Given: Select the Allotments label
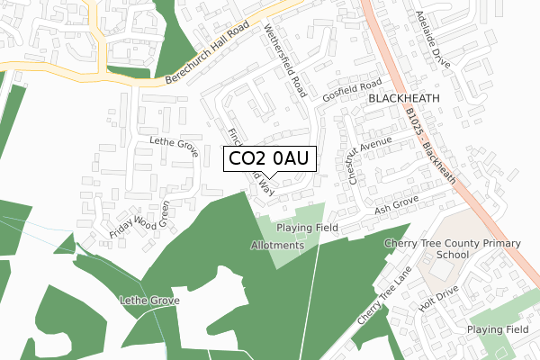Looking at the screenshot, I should [278, 245].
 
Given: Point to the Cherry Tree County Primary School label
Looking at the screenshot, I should [452, 249].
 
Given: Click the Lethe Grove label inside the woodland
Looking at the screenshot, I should [148, 300].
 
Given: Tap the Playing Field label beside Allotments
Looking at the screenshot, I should [307, 229].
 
